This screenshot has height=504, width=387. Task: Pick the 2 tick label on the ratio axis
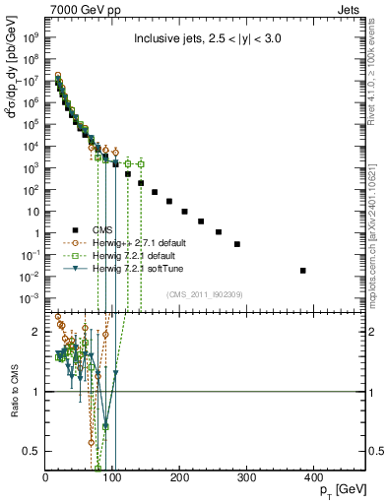click(39, 333)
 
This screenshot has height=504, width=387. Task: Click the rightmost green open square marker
click(141, 163)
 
